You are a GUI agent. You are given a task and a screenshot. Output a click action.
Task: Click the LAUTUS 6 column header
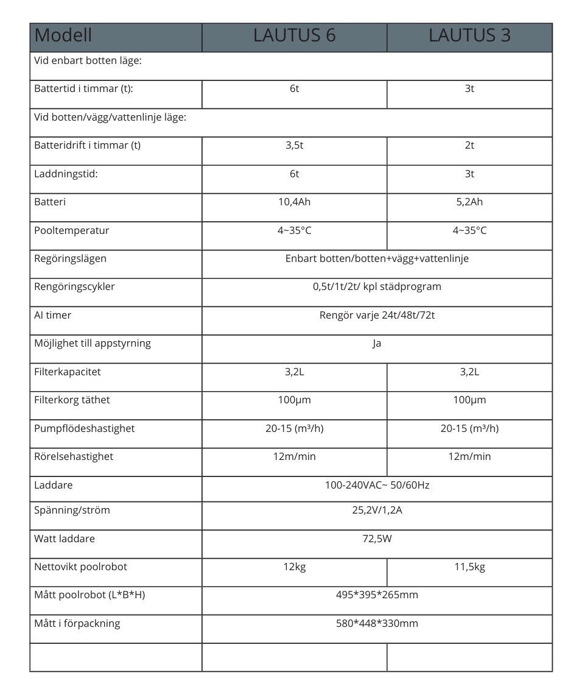pos(294,35)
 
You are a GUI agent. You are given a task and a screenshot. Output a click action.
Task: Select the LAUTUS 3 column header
pos(469,35)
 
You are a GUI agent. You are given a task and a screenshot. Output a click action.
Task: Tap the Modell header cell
pos(63,35)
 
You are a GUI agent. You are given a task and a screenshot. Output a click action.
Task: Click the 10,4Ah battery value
pos(294,202)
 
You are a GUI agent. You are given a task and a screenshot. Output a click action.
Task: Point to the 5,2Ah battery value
pos(469,202)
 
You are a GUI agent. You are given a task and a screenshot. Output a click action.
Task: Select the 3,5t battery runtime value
pos(294,146)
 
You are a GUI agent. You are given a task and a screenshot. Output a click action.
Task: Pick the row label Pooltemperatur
pos(72,231)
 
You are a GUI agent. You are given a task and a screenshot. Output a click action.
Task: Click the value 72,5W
pos(377,539)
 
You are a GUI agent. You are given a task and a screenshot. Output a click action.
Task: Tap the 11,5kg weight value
pos(469,567)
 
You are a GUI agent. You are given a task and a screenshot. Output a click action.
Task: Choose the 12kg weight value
pos(294,567)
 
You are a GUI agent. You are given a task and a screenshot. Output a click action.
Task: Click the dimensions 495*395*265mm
pos(377,595)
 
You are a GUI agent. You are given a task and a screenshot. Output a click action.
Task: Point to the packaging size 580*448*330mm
pos(377,624)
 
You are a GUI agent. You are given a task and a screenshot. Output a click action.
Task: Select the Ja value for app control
pos(377,344)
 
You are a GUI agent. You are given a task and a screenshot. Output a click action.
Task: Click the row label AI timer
pos(53,316)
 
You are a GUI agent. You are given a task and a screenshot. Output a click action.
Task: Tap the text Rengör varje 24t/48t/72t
pos(377,316)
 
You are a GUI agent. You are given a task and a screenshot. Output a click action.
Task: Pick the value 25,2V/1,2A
pos(377,511)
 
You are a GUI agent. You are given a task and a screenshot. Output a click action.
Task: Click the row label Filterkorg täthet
pos(72,400)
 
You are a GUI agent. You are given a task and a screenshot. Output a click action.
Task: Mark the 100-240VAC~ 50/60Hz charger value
pos(377,486)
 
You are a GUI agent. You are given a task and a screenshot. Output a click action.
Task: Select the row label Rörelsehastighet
pos(74,457)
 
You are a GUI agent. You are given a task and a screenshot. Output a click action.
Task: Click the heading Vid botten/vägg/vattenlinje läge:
pos(110,118)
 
